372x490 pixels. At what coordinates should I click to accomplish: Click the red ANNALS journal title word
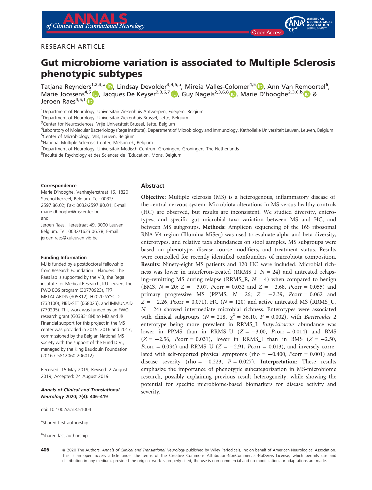click(95, 19)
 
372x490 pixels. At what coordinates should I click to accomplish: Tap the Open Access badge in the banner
click(267, 33)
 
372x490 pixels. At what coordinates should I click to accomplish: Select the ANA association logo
click(308, 24)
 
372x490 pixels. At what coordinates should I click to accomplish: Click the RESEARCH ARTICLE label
click(73, 47)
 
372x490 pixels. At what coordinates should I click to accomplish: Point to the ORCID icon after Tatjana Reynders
click(110, 86)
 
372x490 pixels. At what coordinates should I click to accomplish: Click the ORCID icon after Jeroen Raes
click(90, 101)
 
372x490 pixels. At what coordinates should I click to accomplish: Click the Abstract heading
click(153, 186)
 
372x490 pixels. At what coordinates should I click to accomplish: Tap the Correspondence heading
click(59, 186)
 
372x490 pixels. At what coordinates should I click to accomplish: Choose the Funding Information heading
click(64, 258)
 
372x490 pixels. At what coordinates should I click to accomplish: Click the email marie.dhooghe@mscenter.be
click(70, 212)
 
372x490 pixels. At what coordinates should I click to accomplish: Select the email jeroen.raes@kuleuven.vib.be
click(69, 238)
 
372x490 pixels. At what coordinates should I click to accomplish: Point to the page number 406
click(45, 450)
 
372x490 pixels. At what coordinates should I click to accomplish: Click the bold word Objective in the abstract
click(153, 197)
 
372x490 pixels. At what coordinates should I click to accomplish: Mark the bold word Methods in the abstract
click(214, 227)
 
